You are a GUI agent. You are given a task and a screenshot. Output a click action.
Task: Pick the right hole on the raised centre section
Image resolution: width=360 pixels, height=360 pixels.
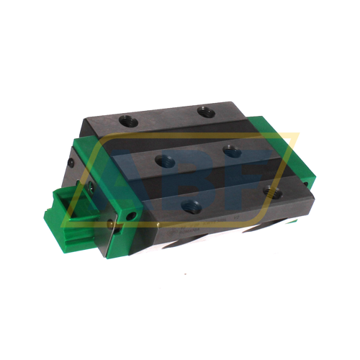[x=231, y=151]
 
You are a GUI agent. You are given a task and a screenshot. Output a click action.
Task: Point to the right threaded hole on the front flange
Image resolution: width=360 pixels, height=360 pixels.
[x=272, y=191]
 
